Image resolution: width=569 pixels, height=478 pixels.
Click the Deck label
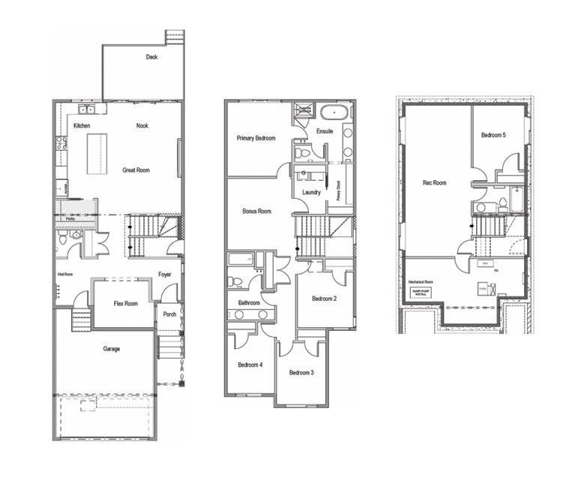click(x=152, y=57)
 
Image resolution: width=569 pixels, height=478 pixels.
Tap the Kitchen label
click(x=82, y=125)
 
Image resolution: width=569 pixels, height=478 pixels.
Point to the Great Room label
click(x=136, y=170)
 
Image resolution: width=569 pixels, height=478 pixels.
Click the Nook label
click(x=142, y=125)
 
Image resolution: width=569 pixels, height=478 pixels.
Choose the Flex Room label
click(x=125, y=304)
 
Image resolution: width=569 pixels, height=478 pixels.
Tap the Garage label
click(x=112, y=349)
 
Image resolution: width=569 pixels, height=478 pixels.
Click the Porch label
click(x=169, y=314)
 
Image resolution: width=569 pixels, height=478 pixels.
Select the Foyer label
click(x=165, y=275)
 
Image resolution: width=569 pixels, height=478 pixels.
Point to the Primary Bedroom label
click(x=256, y=138)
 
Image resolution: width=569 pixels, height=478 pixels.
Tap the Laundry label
click(x=311, y=192)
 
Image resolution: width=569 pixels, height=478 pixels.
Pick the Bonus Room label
click(x=256, y=212)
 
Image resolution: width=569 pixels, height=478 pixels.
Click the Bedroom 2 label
click(x=324, y=299)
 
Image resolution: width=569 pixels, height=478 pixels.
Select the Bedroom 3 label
click(x=301, y=372)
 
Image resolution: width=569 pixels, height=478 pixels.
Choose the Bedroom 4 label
click(x=250, y=365)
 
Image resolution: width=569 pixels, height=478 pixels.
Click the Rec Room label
click(x=435, y=182)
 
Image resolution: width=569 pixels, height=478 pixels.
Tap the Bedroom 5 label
click(x=493, y=134)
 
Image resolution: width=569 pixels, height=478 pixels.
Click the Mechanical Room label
click(x=421, y=282)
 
